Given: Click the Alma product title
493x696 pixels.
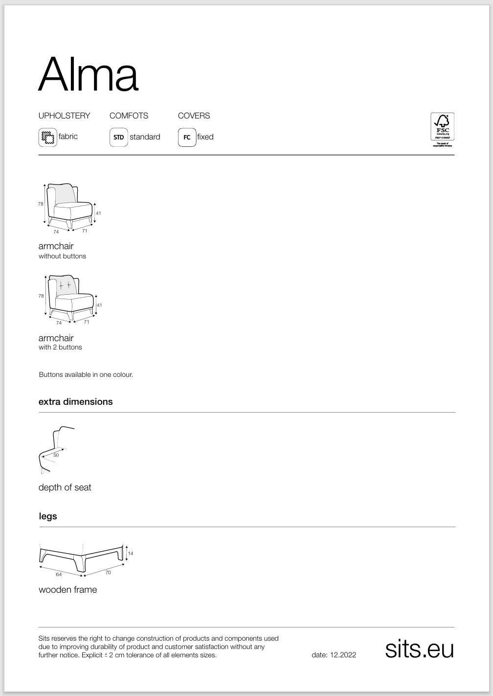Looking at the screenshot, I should (88, 74).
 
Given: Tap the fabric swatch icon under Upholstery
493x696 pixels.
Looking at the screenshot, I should (47, 137).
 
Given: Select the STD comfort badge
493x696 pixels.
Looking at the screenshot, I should (118, 137).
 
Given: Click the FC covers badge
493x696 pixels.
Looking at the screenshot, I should (187, 137).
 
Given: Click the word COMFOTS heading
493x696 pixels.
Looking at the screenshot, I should (129, 116).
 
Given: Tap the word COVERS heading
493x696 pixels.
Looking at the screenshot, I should (194, 116).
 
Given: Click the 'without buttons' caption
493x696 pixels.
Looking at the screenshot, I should (62, 256).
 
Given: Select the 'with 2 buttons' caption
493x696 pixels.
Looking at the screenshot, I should (60, 347).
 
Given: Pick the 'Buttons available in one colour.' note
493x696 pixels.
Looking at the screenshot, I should (86, 374).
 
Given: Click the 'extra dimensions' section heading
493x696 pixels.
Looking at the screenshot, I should (75, 401).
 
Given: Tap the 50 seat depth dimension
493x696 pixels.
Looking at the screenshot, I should (56, 455).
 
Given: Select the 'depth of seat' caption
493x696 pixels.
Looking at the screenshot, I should (65, 487).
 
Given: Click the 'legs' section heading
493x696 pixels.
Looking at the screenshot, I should (48, 516).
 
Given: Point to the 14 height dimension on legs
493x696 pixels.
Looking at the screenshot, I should (131, 554).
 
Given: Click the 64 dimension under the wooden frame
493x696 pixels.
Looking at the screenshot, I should (59, 575).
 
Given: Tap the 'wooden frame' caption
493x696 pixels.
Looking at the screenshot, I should (67, 590).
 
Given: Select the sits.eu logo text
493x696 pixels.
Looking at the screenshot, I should (419, 649).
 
